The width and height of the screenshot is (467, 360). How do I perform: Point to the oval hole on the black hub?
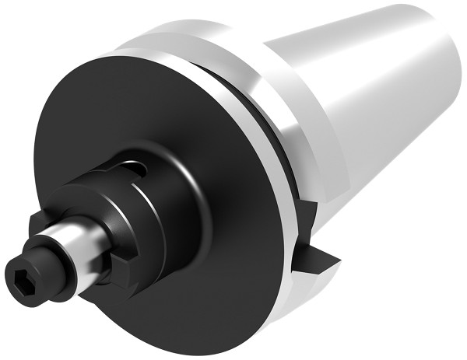tap(138, 167)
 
